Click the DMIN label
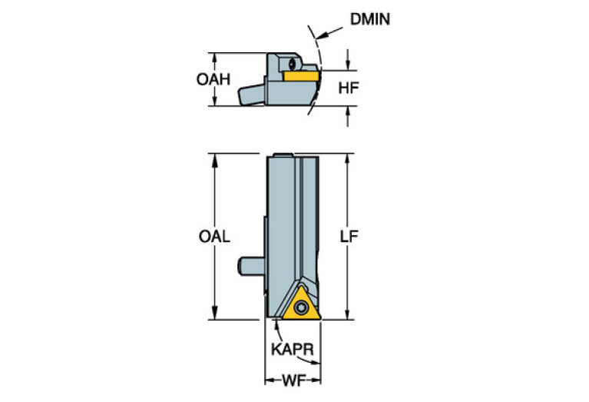click(x=369, y=19)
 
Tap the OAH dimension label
click(x=213, y=79)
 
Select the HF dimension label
click(x=348, y=88)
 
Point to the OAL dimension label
click(x=214, y=237)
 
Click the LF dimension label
click(x=349, y=236)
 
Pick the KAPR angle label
click(x=293, y=350)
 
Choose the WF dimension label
click(x=293, y=381)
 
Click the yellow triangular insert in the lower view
click(x=301, y=304)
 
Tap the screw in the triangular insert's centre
click(x=301, y=307)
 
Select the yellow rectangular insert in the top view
click(x=301, y=76)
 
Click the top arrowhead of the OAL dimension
click(x=214, y=160)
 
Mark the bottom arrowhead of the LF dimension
click(x=347, y=314)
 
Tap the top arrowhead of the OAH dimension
click(x=214, y=58)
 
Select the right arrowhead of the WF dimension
click(x=316, y=381)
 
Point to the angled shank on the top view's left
click(x=252, y=95)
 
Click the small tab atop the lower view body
click(x=283, y=154)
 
